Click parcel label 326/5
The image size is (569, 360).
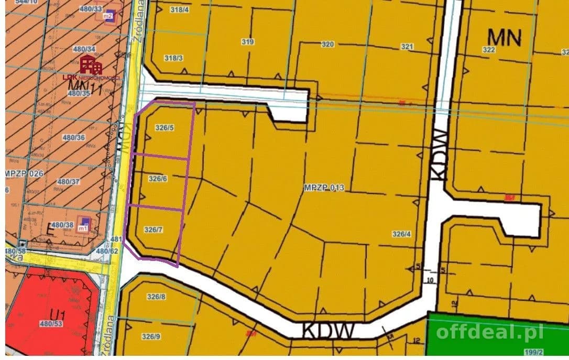[x=165, y=127]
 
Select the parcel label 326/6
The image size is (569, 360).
[x=158, y=179]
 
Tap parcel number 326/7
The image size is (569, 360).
[x=154, y=230]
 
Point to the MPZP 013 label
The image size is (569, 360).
[x=324, y=187]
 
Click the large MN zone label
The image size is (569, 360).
[x=505, y=37]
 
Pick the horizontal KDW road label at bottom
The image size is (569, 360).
[x=329, y=331]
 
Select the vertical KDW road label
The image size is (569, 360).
[x=439, y=155]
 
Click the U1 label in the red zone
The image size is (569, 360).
[x=58, y=315]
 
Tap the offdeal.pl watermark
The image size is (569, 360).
[x=489, y=331]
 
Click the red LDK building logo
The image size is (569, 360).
[x=91, y=65]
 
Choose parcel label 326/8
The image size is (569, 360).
[x=156, y=297]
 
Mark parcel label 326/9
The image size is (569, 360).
[x=151, y=336]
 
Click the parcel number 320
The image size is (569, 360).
[x=327, y=45]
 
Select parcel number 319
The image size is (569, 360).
[x=248, y=42]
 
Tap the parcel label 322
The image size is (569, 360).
[x=488, y=49]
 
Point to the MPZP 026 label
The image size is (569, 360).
[x=24, y=173]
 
